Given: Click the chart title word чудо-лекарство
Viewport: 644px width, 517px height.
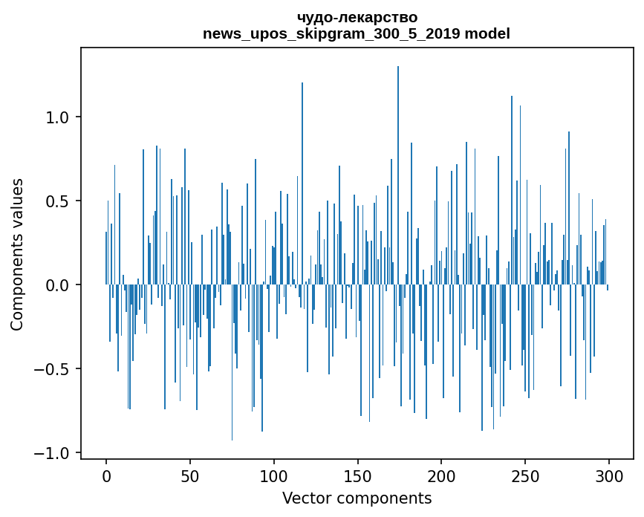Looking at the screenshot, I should pos(357,17).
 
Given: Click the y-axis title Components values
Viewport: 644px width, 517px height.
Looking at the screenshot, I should pos(17,254).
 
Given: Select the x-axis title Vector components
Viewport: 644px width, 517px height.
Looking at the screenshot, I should pos(357,498).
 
